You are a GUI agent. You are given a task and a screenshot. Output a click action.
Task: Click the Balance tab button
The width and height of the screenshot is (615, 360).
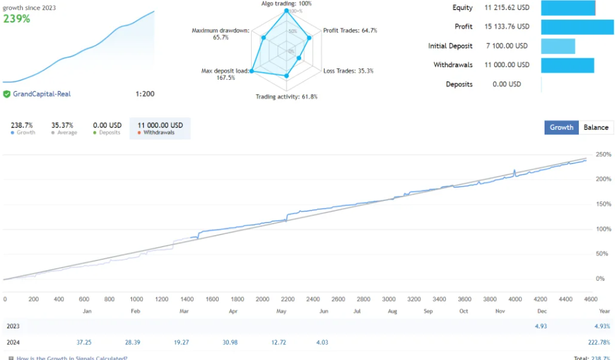[595, 127]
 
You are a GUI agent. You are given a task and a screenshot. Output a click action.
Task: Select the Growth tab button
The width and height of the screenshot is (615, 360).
[561, 127]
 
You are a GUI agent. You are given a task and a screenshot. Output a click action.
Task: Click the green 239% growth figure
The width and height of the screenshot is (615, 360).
[16, 19]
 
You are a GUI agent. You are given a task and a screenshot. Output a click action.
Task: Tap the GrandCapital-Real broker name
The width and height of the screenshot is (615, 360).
[42, 94]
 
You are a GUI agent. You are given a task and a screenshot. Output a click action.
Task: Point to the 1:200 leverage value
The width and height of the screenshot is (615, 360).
[145, 94]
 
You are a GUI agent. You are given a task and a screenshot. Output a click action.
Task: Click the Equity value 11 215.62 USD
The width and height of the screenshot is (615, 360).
[507, 8]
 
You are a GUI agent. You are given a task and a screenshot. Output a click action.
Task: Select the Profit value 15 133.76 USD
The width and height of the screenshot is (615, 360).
[507, 27]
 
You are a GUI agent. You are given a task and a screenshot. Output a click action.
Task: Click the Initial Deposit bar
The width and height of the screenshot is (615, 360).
[558, 46]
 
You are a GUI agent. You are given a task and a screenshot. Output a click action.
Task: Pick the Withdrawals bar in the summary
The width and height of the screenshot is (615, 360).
[567, 65]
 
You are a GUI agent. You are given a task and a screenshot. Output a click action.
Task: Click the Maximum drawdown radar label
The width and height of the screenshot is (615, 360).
[221, 34]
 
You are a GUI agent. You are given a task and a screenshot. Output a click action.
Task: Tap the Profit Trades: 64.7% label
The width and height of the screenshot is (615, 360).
[350, 30]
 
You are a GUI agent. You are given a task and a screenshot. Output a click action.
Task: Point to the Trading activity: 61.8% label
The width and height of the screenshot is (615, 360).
[287, 97]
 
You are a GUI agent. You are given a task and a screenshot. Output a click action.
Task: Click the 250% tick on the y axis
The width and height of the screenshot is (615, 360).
[603, 155]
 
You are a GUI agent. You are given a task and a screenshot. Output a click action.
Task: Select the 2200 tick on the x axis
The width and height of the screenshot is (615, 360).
[287, 299]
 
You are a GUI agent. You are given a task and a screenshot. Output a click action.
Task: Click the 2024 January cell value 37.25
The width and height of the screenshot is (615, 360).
[84, 342]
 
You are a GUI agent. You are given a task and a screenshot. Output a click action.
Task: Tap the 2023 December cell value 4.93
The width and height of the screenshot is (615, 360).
[541, 326]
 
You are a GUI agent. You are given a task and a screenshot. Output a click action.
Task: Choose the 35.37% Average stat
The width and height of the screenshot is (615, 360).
[62, 125]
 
